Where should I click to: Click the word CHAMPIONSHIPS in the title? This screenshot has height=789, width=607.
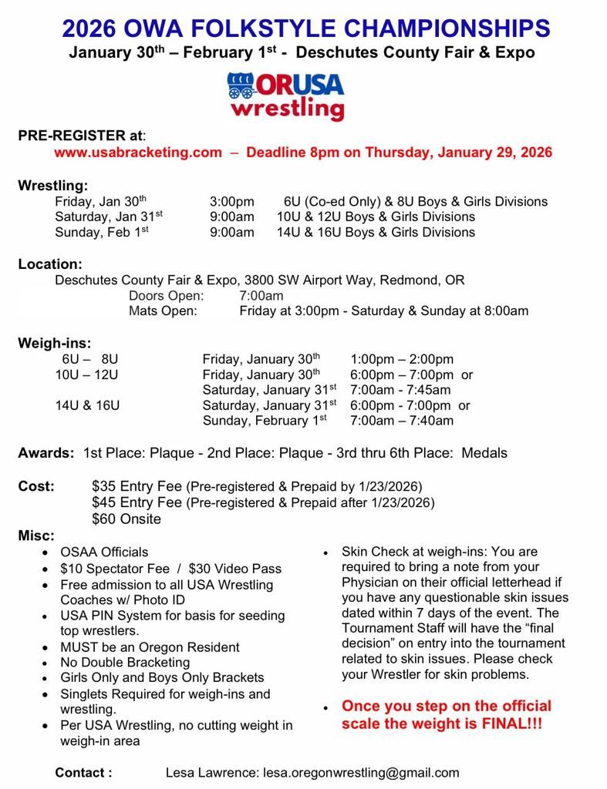tap(447, 29)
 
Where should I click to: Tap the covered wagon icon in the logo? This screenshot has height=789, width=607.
tap(241, 86)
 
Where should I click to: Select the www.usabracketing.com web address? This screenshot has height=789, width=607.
tap(138, 153)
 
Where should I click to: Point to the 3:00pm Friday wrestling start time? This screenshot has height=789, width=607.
tap(231, 202)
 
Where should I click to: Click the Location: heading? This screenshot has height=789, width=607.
tap(50, 264)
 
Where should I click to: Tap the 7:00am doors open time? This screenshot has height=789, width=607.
tap(261, 296)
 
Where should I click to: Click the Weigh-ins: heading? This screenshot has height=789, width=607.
tap(55, 344)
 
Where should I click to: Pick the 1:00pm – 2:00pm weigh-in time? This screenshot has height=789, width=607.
tap(402, 359)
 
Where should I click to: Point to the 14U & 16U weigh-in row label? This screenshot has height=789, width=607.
tap(87, 405)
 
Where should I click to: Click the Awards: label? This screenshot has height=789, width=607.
tap(46, 453)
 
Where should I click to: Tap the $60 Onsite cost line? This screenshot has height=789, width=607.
tap(126, 519)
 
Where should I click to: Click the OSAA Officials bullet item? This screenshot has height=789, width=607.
tap(104, 552)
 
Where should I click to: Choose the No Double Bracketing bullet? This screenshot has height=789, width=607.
tap(125, 662)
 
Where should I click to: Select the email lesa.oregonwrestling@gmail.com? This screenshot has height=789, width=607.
tap(361, 772)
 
